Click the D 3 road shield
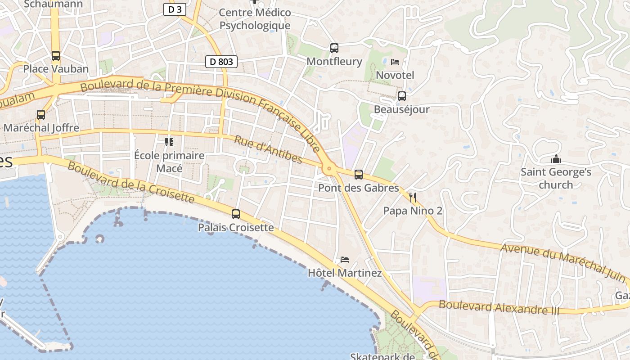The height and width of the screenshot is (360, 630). click(175, 9)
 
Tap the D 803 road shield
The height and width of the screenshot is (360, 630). click(221, 62)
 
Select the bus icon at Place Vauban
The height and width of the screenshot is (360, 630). click(56, 56)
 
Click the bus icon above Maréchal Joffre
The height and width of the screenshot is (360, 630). click(41, 115)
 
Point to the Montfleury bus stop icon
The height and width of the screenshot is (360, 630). click(334, 48)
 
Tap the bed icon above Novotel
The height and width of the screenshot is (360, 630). click(395, 62)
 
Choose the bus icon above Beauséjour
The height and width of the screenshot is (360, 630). click(401, 96)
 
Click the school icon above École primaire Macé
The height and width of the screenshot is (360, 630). click(169, 142)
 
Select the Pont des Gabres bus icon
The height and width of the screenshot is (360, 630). click(359, 175)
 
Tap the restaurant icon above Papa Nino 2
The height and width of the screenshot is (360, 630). click(413, 197)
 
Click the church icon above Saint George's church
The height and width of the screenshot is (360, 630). click(556, 159)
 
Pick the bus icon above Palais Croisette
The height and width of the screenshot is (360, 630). click(236, 214)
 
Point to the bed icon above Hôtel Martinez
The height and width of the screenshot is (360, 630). click(345, 260)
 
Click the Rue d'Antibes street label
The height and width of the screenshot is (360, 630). click(268, 149)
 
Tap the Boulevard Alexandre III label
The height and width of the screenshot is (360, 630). click(499, 307)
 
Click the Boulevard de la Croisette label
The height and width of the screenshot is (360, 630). click(130, 182)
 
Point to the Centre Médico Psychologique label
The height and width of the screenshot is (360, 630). click(255, 19)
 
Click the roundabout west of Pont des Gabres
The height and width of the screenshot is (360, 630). click(329, 169)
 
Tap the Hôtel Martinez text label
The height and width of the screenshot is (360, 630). click(345, 273)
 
